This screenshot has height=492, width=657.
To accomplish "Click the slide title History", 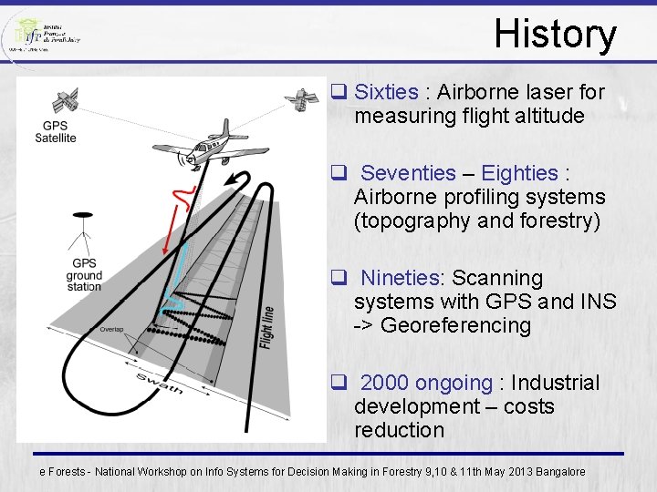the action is (x=555, y=35).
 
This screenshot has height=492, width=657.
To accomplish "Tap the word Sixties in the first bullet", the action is (x=386, y=92).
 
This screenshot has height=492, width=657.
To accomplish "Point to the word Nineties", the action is (x=401, y=278).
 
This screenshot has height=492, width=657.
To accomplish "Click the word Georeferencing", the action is (x=455, y=325).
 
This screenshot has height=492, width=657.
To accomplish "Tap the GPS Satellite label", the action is (x=56, y=132).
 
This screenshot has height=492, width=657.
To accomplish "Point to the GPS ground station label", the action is (x=84, y=275).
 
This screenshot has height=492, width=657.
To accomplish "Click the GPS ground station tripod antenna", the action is (x=84, y=232).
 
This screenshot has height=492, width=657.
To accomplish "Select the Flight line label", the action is (x=267, y=325).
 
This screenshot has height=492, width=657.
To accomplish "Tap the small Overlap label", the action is (x=112, y=329).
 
